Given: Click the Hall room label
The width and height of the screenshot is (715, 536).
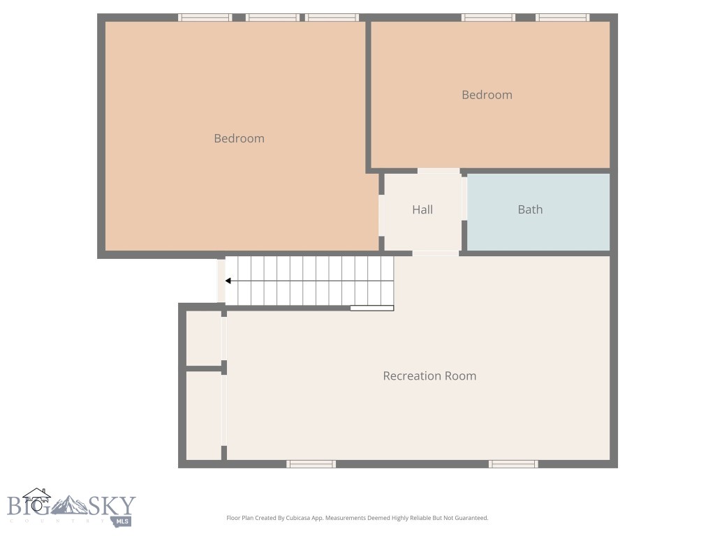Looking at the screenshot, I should pyautogui.click(x=422, y=209).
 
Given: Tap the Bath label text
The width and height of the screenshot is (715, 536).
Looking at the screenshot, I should pyautogui.click(x=530, y=209).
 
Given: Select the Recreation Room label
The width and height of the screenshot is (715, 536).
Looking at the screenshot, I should pyautogui.click(x=429, y=375).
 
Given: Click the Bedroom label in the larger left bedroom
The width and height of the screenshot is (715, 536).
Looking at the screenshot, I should pyautogui.click(x=239, y=138).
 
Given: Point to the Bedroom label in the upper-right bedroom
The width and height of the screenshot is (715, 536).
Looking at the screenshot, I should pyautogui.click(x=487, y=95).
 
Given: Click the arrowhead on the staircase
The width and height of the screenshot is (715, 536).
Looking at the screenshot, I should pyautogui.click(x=228, y=281).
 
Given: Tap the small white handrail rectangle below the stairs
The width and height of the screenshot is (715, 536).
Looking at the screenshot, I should pyautogui.click(x=371, y=308).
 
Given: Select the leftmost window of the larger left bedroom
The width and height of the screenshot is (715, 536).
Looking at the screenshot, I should pyautogui.click(x=205, y=17).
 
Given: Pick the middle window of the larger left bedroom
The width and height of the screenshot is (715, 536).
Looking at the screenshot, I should pyautogui.click(x=272, y=17).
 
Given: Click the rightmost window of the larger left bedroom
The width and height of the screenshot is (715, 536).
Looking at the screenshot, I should pyautogui.click(x=332, y=17).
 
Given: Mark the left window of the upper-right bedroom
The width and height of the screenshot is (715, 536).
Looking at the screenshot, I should pyautogui.click(x=488, y=17).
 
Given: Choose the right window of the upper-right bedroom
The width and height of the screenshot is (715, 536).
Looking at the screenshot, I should pyautogui.click(x=562, y=17).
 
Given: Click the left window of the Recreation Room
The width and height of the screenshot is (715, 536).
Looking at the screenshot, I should pyautogui.click(x=311, y=463).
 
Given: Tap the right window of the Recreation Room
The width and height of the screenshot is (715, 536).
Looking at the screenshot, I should pyautogui.click(x=513, y=463).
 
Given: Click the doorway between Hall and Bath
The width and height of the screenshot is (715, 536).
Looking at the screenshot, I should pyautogui.click(x=464, y=209).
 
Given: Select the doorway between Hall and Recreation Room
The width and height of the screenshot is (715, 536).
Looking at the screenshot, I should pyautogui.click(x=436, y=253).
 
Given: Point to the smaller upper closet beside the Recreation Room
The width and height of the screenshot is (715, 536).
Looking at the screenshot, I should pyautogui.click(x=204, y=338).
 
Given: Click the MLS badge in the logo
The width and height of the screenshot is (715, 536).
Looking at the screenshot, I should pyautogui.click(x=121, y=520).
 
